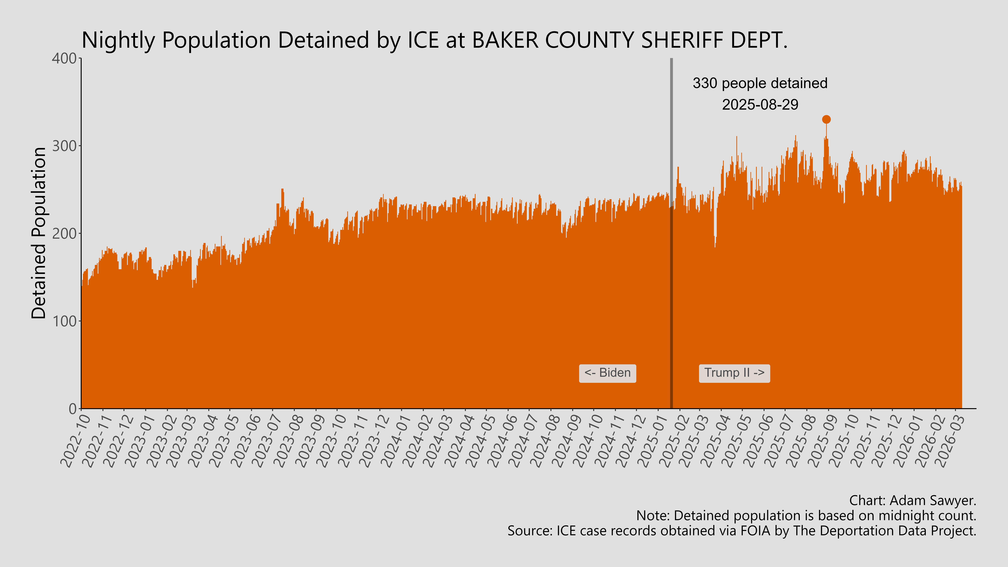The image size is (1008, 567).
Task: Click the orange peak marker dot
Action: point(826,119)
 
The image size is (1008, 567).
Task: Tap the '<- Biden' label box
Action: point(607,373)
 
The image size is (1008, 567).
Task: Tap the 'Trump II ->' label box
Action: point(734,373)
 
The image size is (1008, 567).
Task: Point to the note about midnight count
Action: point(806,516)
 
